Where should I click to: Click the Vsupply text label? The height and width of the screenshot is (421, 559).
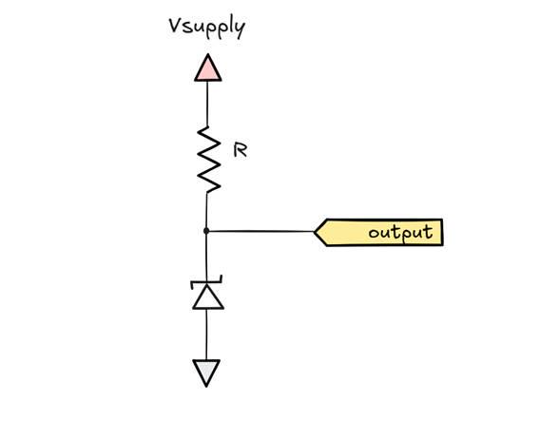tap(205, 27)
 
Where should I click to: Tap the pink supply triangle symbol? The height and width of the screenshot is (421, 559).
tap(207, 68)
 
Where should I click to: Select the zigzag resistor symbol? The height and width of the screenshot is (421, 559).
tap(208, 159)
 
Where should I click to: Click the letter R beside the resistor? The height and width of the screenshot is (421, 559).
tap(241, 149)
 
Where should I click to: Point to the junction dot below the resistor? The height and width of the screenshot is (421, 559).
tap(207, 231)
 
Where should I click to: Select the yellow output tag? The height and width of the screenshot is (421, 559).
tap(379, 232)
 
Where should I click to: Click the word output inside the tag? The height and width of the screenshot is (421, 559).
tap(399, 232)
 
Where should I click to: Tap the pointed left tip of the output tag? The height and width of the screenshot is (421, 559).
tap(317, 232)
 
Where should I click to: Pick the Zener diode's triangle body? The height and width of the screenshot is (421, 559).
tap(207, 297)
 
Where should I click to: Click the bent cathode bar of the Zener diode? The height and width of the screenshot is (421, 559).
tap(207, 281)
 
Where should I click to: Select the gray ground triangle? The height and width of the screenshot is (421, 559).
tap(207, 372)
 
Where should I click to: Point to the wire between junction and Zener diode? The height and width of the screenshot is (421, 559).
tap(207, 256)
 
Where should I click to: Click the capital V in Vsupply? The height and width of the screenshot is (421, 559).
tap(173, 25)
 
